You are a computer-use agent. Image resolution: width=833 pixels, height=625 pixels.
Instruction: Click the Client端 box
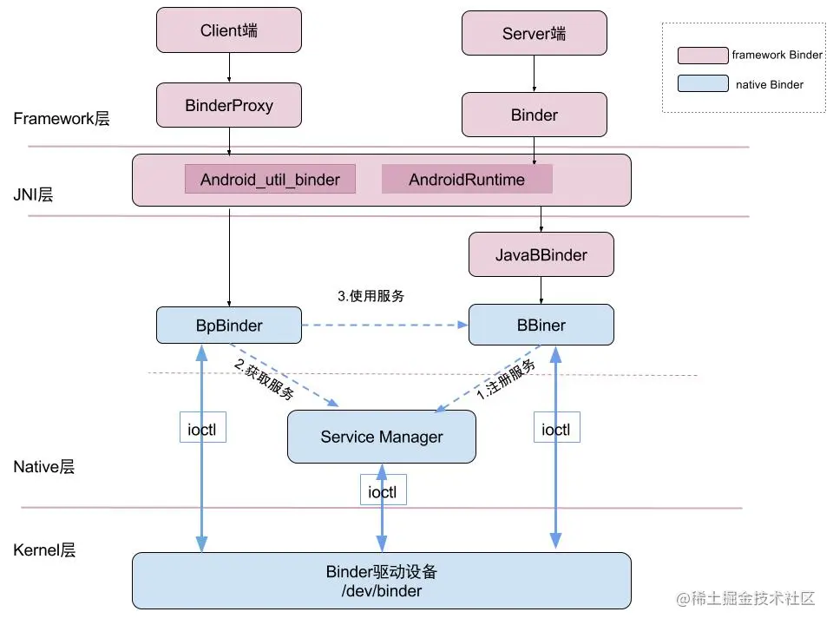pyautogui.click(x=229, y=30)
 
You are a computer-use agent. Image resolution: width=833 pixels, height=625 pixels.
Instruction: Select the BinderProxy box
pyautogui.click(x=229, y=105)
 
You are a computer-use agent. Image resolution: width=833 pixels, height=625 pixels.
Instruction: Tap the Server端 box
pyautogui.click(x=535, y=33)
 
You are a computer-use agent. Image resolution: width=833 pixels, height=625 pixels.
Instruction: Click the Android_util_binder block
pyautogui.click(x=270, y=179)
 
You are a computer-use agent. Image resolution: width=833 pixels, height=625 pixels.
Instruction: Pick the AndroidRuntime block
pyautogui.click(x=467, y=179)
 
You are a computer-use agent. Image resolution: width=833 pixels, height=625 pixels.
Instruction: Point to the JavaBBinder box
pyautogui.click(x=541, y=254)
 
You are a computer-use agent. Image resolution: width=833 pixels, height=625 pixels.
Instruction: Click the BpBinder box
pyautogui.click(x=229, y=326)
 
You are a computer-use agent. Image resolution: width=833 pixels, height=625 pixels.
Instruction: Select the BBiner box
pyautogui.click(x=541, y=325)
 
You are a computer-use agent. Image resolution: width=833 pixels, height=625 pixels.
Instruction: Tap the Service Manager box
pyautogui.click(x=382, y=437)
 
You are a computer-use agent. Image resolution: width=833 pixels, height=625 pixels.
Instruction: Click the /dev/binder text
pyautogui.click(x=382, y=591)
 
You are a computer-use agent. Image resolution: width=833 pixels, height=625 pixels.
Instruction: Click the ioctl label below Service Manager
pyautogui.click(x=383, y=491)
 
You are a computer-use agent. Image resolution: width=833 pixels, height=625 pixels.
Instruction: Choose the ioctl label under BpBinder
pyautogui.click(x=202, y=429)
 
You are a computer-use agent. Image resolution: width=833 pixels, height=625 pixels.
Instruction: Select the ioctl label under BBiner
pyautogui.click(x=555, y=429)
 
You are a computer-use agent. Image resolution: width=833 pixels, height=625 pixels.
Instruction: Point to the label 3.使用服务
pyautogui.click(x=371, y=295)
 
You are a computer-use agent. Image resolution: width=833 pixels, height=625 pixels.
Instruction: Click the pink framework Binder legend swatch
pyautogui.click(x=703, y=56)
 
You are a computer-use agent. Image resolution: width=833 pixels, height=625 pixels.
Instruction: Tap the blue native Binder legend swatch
pyautogui.click(x=703, y=83)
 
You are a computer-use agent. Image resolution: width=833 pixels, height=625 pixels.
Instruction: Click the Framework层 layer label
pyautogui.click(x=61, y=119)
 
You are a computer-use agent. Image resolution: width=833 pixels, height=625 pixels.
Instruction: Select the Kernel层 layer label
pyautogui.click(x=44, y=549)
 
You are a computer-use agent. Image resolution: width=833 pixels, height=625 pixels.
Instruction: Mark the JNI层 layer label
pyautogui.click(x=33, y=194)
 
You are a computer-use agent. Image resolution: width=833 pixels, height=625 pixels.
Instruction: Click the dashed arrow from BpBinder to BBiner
pyautogui.click(x=385, y=325)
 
